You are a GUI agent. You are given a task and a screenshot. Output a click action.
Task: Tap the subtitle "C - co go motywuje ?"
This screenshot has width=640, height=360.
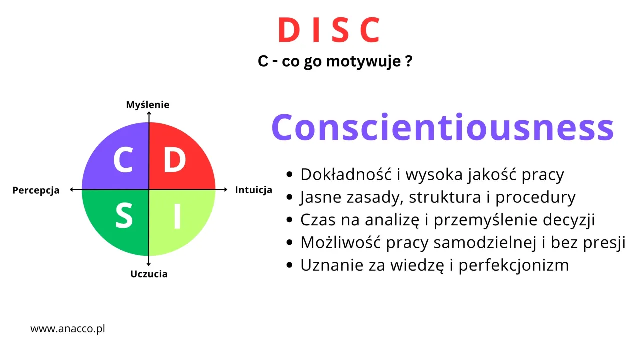coord(335,62)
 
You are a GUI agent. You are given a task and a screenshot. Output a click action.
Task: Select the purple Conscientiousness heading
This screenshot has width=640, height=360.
coord(442,127)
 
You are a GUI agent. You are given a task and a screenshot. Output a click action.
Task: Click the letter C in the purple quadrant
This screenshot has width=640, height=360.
coord(123,160)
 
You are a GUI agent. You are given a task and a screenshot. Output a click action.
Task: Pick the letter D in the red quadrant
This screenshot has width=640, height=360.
coord(174,160)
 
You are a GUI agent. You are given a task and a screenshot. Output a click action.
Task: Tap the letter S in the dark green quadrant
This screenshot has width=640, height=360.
coord(124,216)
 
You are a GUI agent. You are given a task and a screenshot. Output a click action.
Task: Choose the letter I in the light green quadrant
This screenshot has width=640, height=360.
coord(177,216)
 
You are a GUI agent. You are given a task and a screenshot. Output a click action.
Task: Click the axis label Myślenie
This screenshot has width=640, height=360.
coord(148,105)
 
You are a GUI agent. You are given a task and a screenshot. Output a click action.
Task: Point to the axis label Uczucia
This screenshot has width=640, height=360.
coord(149,274)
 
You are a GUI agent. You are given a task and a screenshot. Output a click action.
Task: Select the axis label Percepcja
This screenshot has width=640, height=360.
coord(36,190)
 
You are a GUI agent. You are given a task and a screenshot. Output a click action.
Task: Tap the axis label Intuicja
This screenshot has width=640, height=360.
coord(253,190)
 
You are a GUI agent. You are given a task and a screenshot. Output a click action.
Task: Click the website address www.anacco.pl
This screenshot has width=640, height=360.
coord(68,329)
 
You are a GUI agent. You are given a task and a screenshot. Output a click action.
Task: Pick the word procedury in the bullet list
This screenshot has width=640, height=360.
coord(535,197)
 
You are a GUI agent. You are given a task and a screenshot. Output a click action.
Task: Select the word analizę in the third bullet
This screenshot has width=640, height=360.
coord(390,220)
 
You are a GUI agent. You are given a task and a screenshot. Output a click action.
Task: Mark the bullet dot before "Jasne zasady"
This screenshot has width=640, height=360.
coord(289,198)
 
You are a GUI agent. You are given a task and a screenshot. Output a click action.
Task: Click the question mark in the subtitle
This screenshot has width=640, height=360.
coord(409,62)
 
